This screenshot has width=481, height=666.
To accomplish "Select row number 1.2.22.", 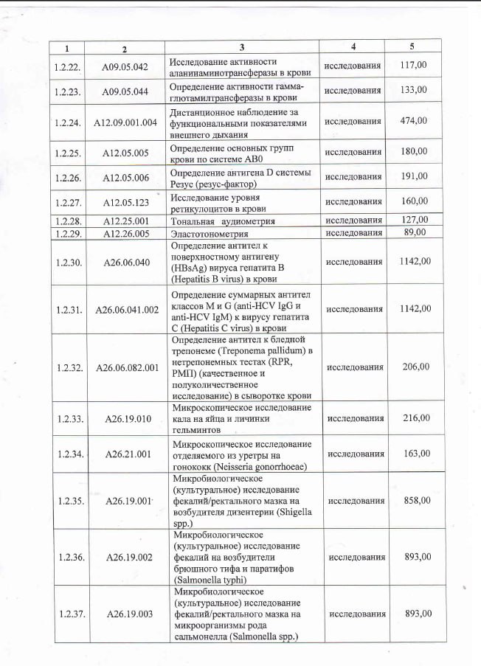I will click(67, 66).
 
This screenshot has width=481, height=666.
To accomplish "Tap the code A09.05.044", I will click(125, 91).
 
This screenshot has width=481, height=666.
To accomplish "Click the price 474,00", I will click(413, 121).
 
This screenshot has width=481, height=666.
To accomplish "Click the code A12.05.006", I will click(125, 178).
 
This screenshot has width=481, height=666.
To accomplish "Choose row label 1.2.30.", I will click(68, 263).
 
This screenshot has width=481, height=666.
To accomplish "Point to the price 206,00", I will click(415, 367).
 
